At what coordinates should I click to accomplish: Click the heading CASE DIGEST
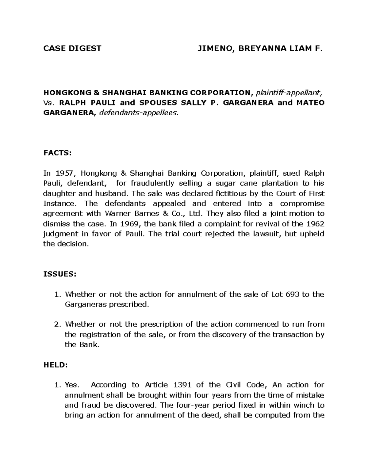[72, 48]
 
